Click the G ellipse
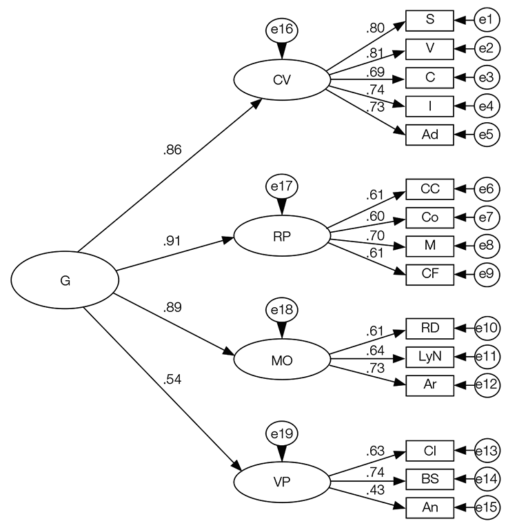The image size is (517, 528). point(65,280)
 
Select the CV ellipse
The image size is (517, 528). point(281,80)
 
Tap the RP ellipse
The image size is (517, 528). point(281,235)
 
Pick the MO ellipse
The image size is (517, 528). point(281,359)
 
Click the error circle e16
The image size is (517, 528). point(281,30)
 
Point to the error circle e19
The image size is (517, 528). point(281,434)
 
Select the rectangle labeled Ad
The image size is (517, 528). point(429,134)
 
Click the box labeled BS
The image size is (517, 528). point(429,478)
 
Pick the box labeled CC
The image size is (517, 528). point(429,188)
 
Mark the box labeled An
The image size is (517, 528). point(429,507)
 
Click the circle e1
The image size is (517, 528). point(487,20)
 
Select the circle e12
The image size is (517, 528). point(487,384)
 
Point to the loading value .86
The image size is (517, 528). point(172,150)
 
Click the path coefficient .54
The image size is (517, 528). point(172,379)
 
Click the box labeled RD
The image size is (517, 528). point(429,326)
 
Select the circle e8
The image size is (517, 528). point(487,246)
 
